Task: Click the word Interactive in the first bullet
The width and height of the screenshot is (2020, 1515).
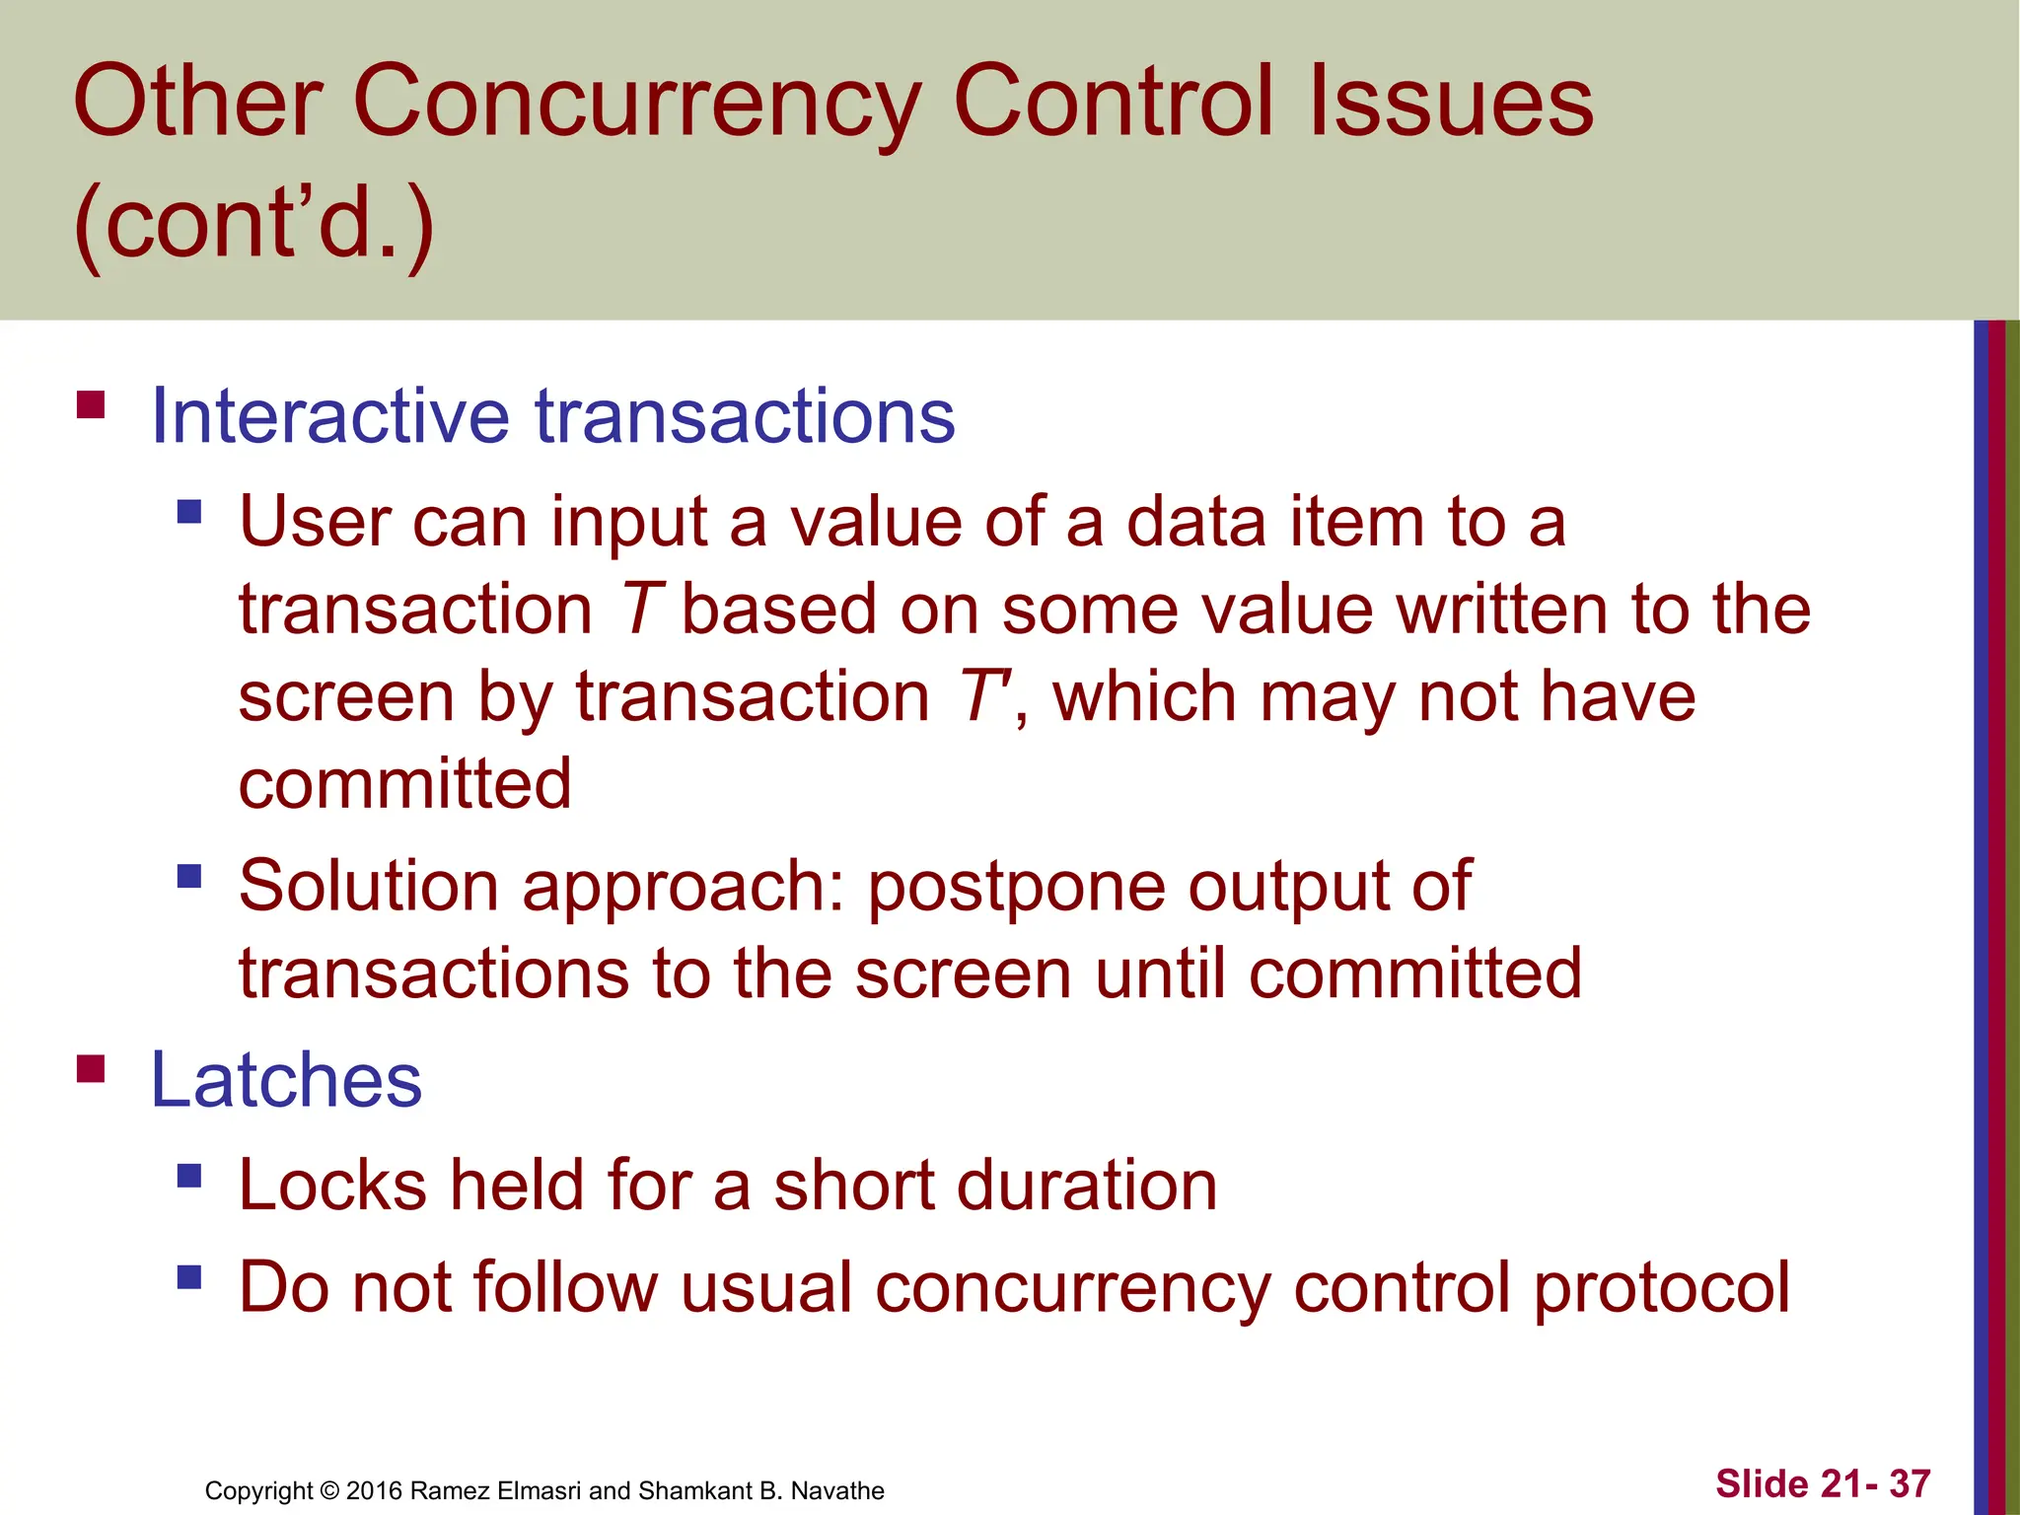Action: (x=329, y=416)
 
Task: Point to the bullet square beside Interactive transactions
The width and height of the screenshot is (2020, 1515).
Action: (x=91, y=405)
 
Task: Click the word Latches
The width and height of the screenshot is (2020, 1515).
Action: (x=286, y=1080)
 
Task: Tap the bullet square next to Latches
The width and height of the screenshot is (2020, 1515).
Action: (x=91, y=1069)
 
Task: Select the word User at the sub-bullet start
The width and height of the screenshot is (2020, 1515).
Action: (x=315, y=522)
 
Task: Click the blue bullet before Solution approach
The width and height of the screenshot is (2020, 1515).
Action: (x=189, y=876)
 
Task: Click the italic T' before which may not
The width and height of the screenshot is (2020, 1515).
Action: (x=982, y=697)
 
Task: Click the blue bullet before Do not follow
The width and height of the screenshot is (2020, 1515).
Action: (x=189, y=1278)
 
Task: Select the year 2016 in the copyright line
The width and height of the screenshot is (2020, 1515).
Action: (x=374, y=1490)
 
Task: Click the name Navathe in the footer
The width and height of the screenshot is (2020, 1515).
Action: (x=837, y=1490)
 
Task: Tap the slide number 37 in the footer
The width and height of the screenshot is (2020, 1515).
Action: (x=1909, y=1483)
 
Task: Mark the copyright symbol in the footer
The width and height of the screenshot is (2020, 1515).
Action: (x=329, y=1490)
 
